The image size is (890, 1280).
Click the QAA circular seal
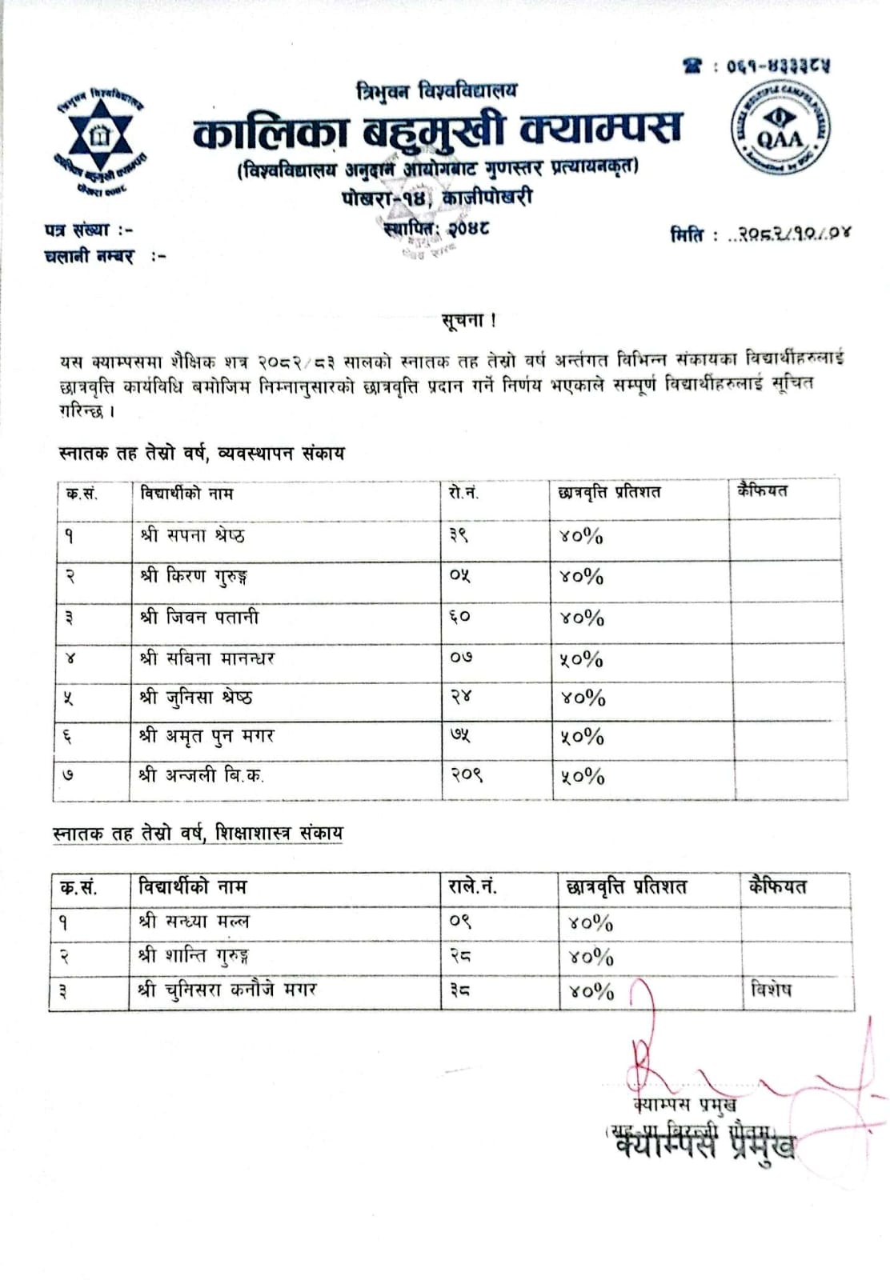pyautogui.click(x=780, y=131)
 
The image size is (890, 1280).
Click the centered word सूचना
pyautogui.click(x=468, y=320)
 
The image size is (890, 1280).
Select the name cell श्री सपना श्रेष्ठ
pyautogui.click(x=192, y=535)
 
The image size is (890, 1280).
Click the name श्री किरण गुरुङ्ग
pyautogui.click(x=194, y=577)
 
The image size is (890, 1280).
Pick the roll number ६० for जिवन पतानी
pyautogui.click(x=459, y=618)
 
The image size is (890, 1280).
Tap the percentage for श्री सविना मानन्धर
pyautogui.click(x=581, y=659)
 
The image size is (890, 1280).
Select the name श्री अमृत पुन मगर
pyautogui.click(x=206, y=736)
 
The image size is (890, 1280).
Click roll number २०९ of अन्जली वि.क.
pyautogui.click(x=466, y=775)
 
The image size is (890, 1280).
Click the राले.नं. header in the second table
pyautogui.click(x=473, y=886)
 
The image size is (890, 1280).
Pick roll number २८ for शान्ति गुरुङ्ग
pyautogui.click(x=459, y=956)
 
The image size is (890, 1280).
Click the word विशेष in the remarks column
pyautogui.click(x=771, y=990)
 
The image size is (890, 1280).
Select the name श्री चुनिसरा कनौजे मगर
pyautogui.click(x=227, y=990)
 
